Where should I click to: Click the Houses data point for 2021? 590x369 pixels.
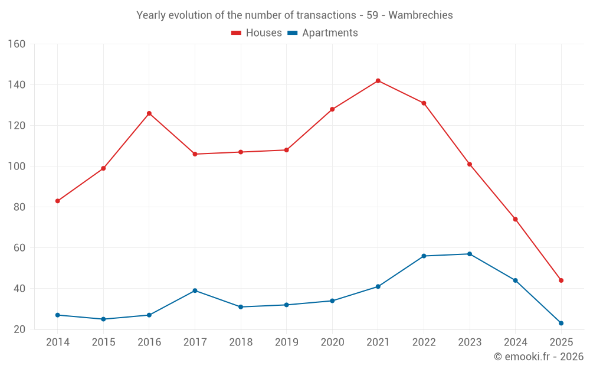(378, 81)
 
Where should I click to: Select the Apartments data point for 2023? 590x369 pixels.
(470, 254)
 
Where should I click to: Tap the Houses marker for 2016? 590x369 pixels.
(149, 113)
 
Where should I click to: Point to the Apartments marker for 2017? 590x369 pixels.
(195, 290)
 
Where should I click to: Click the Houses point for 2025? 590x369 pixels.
(561, 280)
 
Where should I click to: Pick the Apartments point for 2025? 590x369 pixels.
(561, 323)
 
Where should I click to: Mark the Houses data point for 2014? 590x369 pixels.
(58, 201)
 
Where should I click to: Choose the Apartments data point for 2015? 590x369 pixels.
(103, 319)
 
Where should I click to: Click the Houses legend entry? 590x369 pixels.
(257, 33)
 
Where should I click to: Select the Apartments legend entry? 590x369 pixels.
(323, 33)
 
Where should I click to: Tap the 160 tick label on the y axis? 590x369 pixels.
(17, 44)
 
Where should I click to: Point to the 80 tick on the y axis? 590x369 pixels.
(19, 207)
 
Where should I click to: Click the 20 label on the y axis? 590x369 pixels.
(19, 329)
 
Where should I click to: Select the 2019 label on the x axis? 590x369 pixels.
(286, 342)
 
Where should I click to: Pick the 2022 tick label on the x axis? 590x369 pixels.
(424, 342)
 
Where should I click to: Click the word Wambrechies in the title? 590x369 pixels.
(424, 15)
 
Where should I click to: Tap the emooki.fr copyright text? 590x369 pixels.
(538, 357)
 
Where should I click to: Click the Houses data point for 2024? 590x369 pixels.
(515, 219)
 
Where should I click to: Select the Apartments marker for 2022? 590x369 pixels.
(424, 256)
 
